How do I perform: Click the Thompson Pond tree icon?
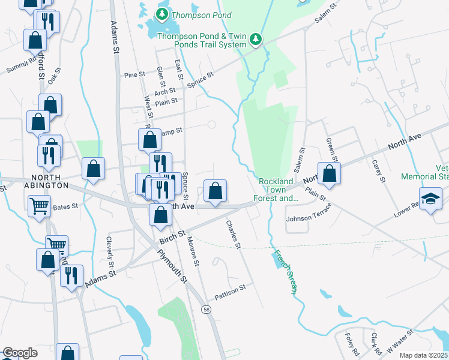click(x=161, y=14)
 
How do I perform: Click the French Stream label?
click(x=286, y=272)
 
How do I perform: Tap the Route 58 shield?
click(x=206, y=309)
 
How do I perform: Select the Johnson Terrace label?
click(x=308, y=218)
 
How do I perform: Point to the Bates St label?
click(x=66, y=206)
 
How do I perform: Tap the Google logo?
click(x=19, y=353)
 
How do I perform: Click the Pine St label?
click(x=134, y=75)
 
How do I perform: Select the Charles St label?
click(x=233, y=235)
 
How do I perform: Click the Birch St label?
click(x=170, y=235)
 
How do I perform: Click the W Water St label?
click(x=400, y=340)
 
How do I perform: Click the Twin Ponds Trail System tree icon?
click(x=256, y=39)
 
